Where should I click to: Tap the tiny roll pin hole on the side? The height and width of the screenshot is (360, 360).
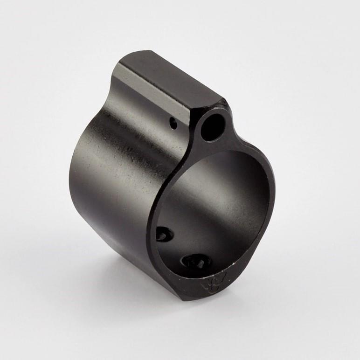[x=173, y=124]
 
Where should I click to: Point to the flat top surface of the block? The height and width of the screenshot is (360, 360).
[x=173, y=79]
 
